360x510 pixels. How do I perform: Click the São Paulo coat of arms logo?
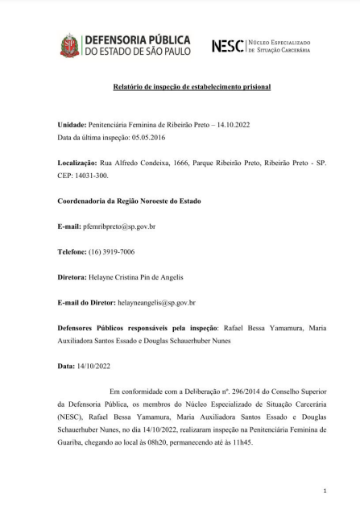tap(69, 46)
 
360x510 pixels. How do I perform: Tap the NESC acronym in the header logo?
tap(227, 46)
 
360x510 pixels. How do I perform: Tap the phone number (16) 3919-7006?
tap(112, 251)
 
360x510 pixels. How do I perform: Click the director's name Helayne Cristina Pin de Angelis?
tap(141, 277)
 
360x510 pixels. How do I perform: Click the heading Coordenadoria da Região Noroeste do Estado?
tap(129, 201)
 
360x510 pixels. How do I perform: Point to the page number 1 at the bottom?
tap(325, 489)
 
